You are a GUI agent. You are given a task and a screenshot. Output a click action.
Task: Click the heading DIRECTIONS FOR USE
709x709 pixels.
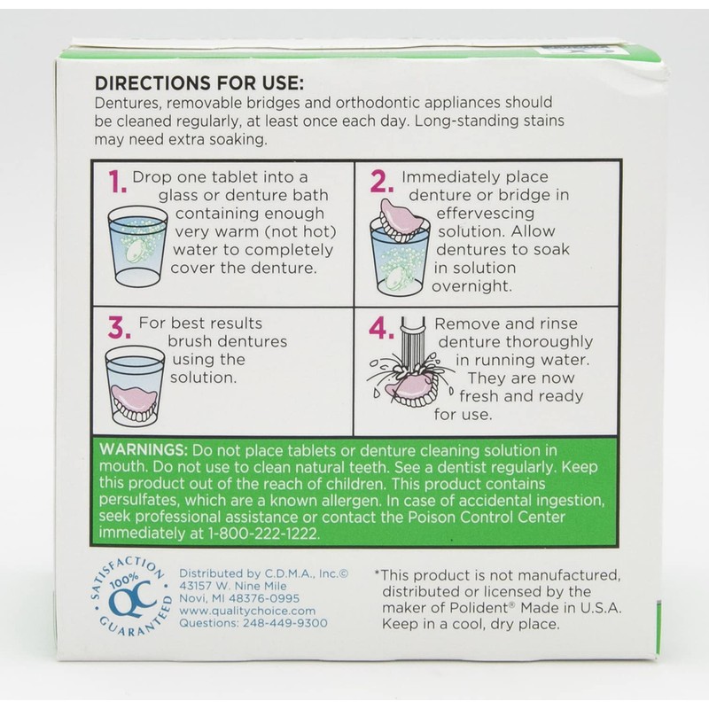(x=199, y=84)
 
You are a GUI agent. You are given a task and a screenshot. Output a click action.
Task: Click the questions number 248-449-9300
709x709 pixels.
(x=286, y=623)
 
